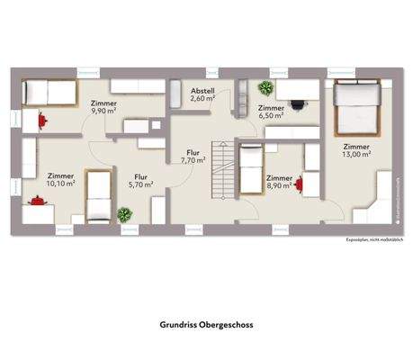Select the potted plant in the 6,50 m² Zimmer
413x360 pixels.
265,88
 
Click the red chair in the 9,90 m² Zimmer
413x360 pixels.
40,117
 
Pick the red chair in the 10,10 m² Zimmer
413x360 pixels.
37,201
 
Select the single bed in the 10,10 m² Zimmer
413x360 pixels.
97,195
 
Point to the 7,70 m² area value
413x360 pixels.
193,161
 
